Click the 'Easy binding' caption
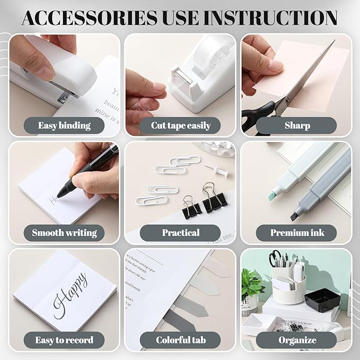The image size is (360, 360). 64,126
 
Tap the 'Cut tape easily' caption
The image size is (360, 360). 180,126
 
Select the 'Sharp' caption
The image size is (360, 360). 296,126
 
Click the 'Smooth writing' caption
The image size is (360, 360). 64,232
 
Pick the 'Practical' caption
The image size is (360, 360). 180,232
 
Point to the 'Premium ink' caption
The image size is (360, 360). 296,232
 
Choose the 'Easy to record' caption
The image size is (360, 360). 64,340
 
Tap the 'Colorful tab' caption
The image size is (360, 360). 180,340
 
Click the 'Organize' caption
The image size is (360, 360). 296,340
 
